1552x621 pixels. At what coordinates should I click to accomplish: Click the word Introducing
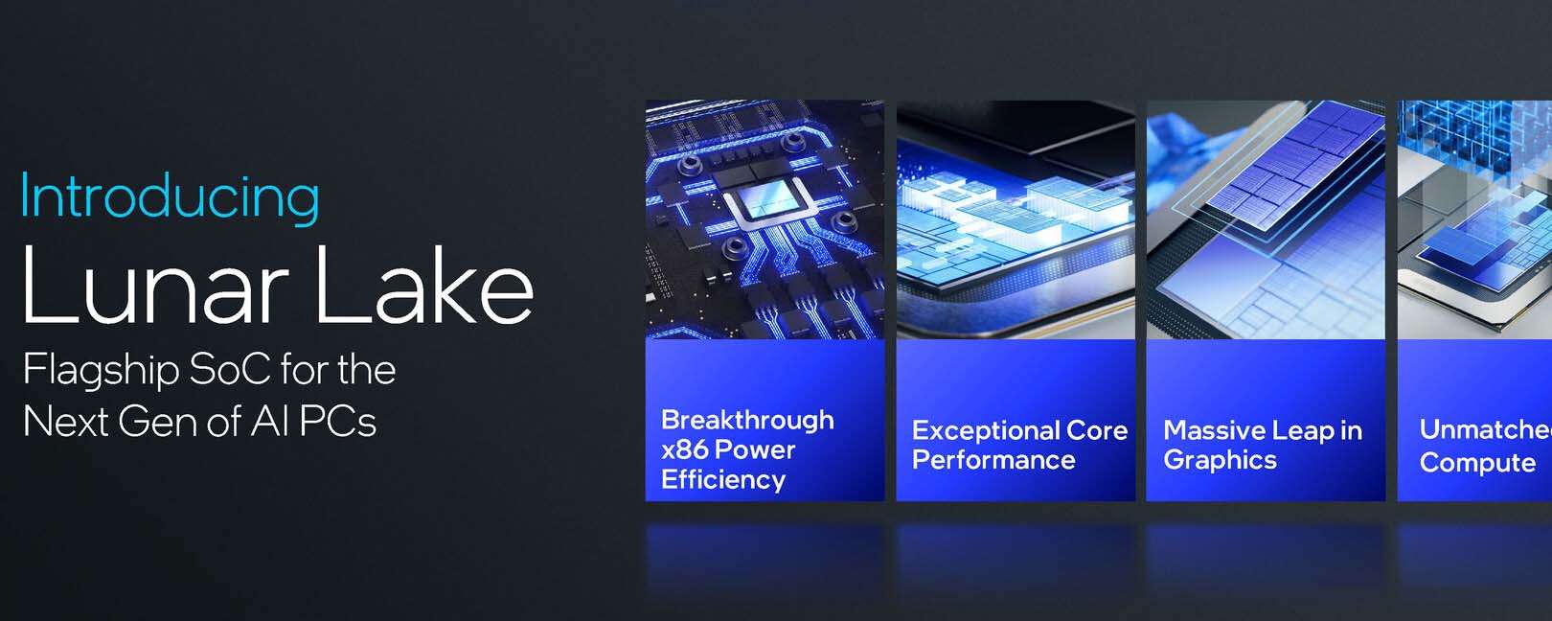171,197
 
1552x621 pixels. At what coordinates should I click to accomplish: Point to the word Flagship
102,370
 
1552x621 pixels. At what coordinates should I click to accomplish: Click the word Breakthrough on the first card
747,420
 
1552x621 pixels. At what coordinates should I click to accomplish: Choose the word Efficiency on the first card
723,480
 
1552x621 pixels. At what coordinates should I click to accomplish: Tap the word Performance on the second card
993,460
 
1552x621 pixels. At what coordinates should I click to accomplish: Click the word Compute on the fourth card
1477,462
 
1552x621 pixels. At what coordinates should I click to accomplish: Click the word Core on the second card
1098,430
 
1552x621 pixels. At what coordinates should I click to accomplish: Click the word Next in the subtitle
66,421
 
